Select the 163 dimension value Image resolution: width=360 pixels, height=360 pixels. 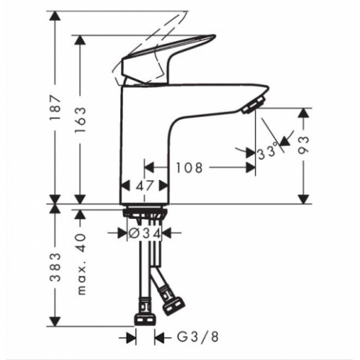(81, 120)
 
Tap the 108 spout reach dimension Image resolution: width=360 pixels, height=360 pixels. (190, 168)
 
